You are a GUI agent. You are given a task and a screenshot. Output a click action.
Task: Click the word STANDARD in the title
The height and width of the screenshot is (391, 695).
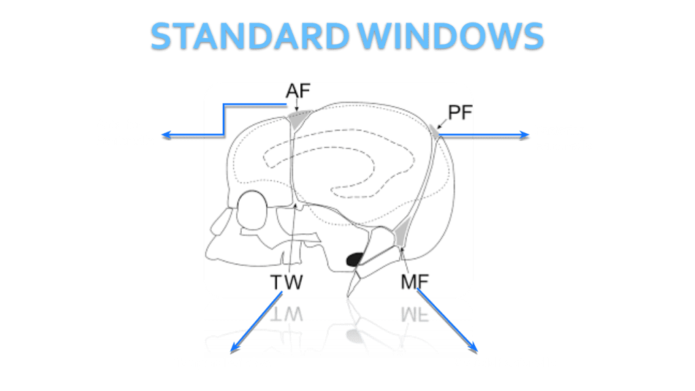(250, 36)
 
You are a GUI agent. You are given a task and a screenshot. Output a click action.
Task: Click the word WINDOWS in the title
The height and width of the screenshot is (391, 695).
(451, 36)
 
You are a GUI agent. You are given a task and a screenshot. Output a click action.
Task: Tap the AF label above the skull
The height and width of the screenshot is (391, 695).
(298, 91)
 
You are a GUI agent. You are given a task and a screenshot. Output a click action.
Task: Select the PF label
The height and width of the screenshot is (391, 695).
(460, 113)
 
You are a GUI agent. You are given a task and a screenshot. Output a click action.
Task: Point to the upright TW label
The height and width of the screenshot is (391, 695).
(286, 282)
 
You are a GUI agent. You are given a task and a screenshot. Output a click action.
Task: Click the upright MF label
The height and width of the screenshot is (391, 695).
(415, 282)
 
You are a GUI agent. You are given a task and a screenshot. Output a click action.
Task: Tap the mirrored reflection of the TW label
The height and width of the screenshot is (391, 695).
(286, 313)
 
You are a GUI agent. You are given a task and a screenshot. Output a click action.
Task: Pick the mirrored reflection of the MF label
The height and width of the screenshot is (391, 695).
(415, 313)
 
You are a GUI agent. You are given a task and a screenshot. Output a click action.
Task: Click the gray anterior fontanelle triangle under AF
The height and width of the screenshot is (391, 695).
(299, 119)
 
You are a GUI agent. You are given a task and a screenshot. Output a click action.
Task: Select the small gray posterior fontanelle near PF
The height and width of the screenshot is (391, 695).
(434, 131)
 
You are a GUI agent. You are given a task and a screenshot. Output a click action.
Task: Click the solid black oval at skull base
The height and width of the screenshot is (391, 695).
(355, 260)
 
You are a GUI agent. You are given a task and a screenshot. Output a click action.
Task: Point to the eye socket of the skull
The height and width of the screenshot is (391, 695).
(252, 210)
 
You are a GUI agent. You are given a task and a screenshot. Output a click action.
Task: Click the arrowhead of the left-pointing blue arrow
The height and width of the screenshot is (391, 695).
(166, 135)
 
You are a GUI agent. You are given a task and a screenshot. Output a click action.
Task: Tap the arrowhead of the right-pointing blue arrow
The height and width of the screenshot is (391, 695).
(524, 135)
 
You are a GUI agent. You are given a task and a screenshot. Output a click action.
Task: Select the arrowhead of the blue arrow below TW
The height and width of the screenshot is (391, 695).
(234, 348)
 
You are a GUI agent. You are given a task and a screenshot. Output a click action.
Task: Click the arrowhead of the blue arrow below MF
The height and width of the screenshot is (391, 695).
(474, 348)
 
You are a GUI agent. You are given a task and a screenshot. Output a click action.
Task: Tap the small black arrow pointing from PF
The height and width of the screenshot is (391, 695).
(442, 124)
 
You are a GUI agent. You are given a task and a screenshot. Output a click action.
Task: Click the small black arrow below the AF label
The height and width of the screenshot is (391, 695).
(296, 105)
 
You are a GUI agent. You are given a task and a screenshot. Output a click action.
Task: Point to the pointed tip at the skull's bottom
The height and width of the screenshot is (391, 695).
(349, 295)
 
